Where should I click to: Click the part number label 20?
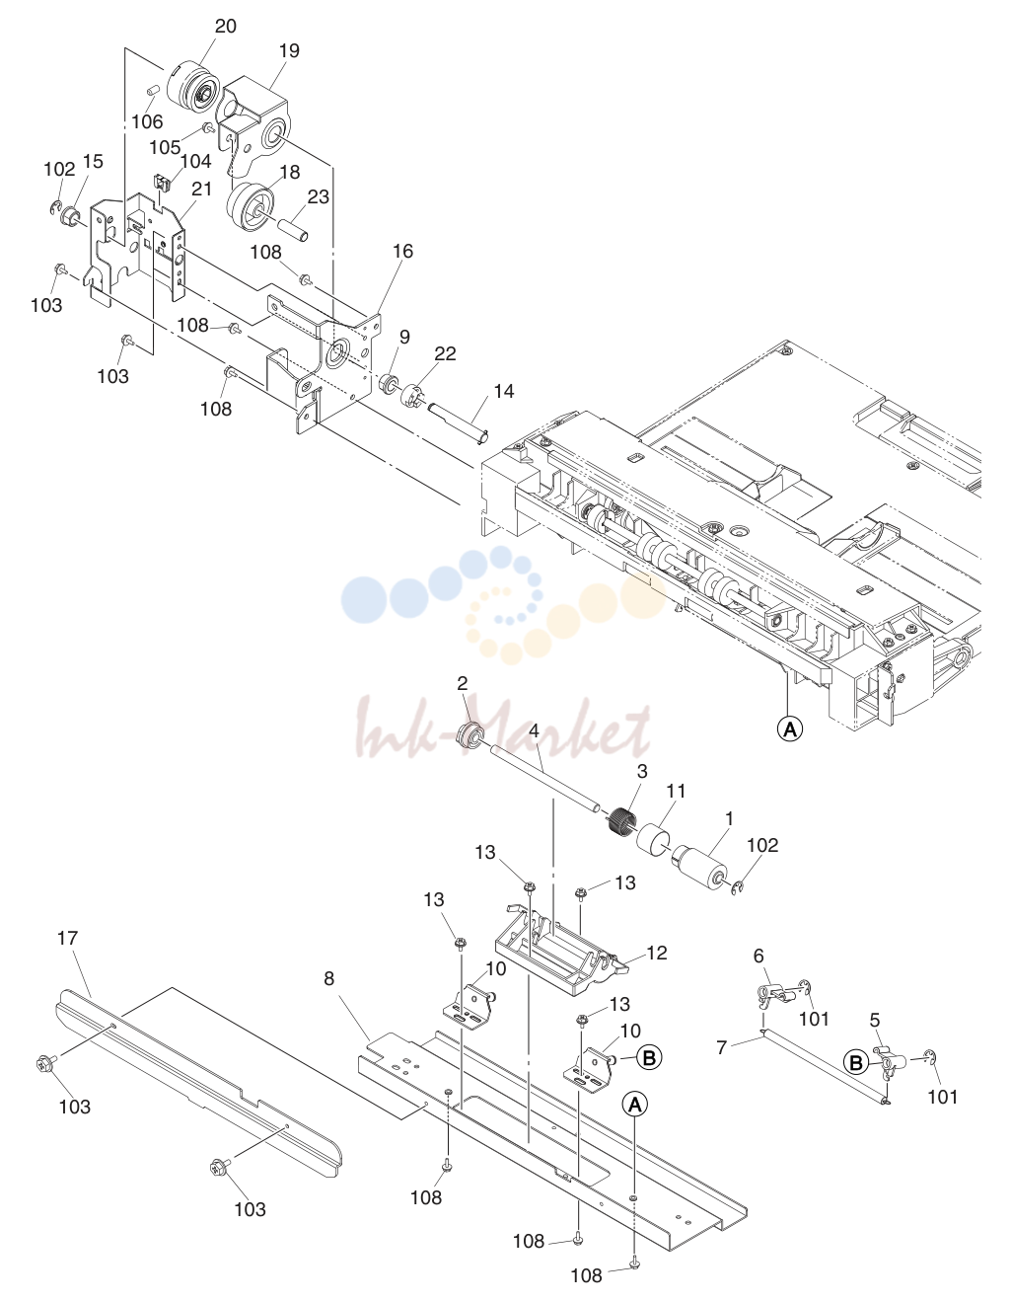pos(226,26)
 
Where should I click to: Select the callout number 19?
pos(289,50)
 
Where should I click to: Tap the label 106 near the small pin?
pos(147,121)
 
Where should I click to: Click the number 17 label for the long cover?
pos(68,938)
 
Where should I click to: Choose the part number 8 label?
pos(329,978)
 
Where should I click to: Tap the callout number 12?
pos(657,953)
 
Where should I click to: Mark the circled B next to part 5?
pos(856,1062)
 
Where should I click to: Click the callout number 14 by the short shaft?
pos(504,391)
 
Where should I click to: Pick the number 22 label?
pos(445,353)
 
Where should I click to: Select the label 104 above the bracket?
pos(195,161)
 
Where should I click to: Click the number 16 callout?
pos(402,251)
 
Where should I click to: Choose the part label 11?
pos(676,791)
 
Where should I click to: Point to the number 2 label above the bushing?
pos(463,684)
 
